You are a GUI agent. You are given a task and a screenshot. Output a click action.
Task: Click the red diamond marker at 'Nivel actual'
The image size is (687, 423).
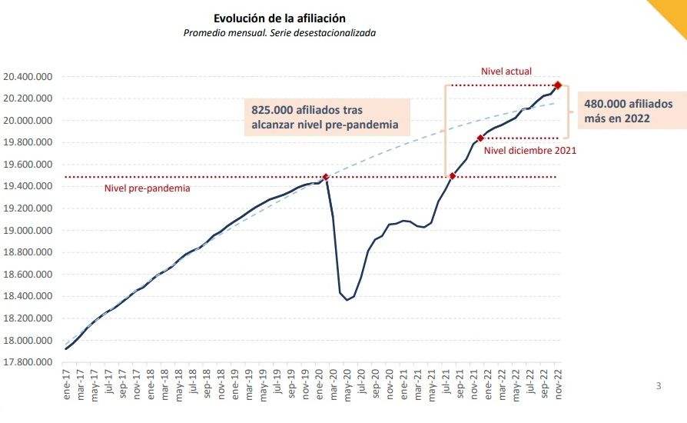pyautogui.click(x=558, y=85)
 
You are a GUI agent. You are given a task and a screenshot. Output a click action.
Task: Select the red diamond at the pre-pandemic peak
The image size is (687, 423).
pyautogui.click(x=326, y=177)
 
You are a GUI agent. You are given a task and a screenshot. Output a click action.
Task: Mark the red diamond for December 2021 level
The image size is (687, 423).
pyautogui.click(x=480, y=138)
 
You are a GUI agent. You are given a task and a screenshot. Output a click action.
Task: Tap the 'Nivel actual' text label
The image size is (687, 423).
pyautogui.click(x=506, y=72)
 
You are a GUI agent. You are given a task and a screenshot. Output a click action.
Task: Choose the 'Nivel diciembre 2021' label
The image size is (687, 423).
pyautogui.click(x=529, y=151)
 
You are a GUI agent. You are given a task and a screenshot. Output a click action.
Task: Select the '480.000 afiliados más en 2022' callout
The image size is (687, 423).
pyautogui.click(x=622, y=112)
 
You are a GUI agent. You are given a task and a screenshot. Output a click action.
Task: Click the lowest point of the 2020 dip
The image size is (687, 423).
pyautogui.click(x=347, y=300)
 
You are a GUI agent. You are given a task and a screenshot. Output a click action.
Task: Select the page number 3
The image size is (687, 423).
pyautogui.click(x=658, y=386)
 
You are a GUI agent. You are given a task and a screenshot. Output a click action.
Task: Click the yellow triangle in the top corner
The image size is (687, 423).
pyautogui.click(x=672, y=11)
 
